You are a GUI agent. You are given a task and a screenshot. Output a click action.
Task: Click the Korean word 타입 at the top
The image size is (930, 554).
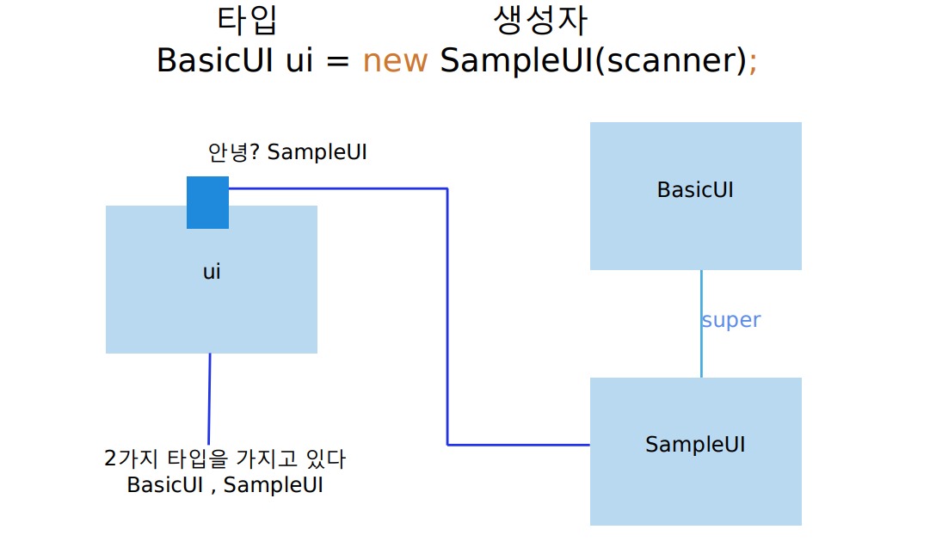pos(248,21)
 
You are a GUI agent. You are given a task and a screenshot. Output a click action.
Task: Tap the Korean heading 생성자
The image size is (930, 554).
pos(541,21)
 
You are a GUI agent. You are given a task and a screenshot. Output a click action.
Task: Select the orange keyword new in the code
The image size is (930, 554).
pos(395,61)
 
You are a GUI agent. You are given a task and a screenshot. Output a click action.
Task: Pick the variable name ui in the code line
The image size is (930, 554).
pos(298,61)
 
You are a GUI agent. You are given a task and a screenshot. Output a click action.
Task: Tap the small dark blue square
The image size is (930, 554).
pos(207,202)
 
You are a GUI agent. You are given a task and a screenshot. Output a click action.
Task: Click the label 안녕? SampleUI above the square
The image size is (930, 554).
pos(287,152)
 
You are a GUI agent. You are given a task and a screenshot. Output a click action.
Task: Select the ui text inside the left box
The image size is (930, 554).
pos(212,272)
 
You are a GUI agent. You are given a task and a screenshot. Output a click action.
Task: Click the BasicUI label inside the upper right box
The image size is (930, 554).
pos(695,189)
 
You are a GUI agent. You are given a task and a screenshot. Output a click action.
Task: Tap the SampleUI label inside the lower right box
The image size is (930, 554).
pos(695,444)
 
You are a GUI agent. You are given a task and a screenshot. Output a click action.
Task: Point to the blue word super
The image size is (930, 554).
pos(731,320)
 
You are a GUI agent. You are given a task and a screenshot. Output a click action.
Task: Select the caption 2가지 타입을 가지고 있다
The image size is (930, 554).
pos(225,459)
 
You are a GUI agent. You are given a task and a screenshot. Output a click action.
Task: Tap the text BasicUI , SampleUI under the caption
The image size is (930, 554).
pos(225,484)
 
